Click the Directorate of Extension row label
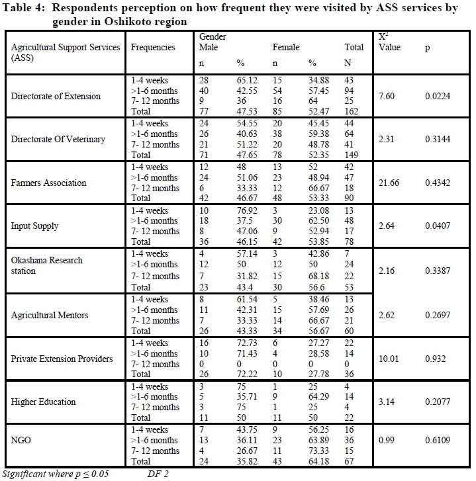click(56, 96)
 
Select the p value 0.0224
click(438, 96)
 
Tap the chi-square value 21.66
click(389, 183)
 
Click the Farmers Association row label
click(48, 183)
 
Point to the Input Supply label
click(35, 226)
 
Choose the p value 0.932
click(436, 359)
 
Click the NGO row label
click(22, 445)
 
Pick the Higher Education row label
click(44, 402)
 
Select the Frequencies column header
click(153, 48)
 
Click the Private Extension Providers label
click(62, 359)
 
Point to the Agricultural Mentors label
click(50, 315)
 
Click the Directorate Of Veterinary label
click(58, 139)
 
